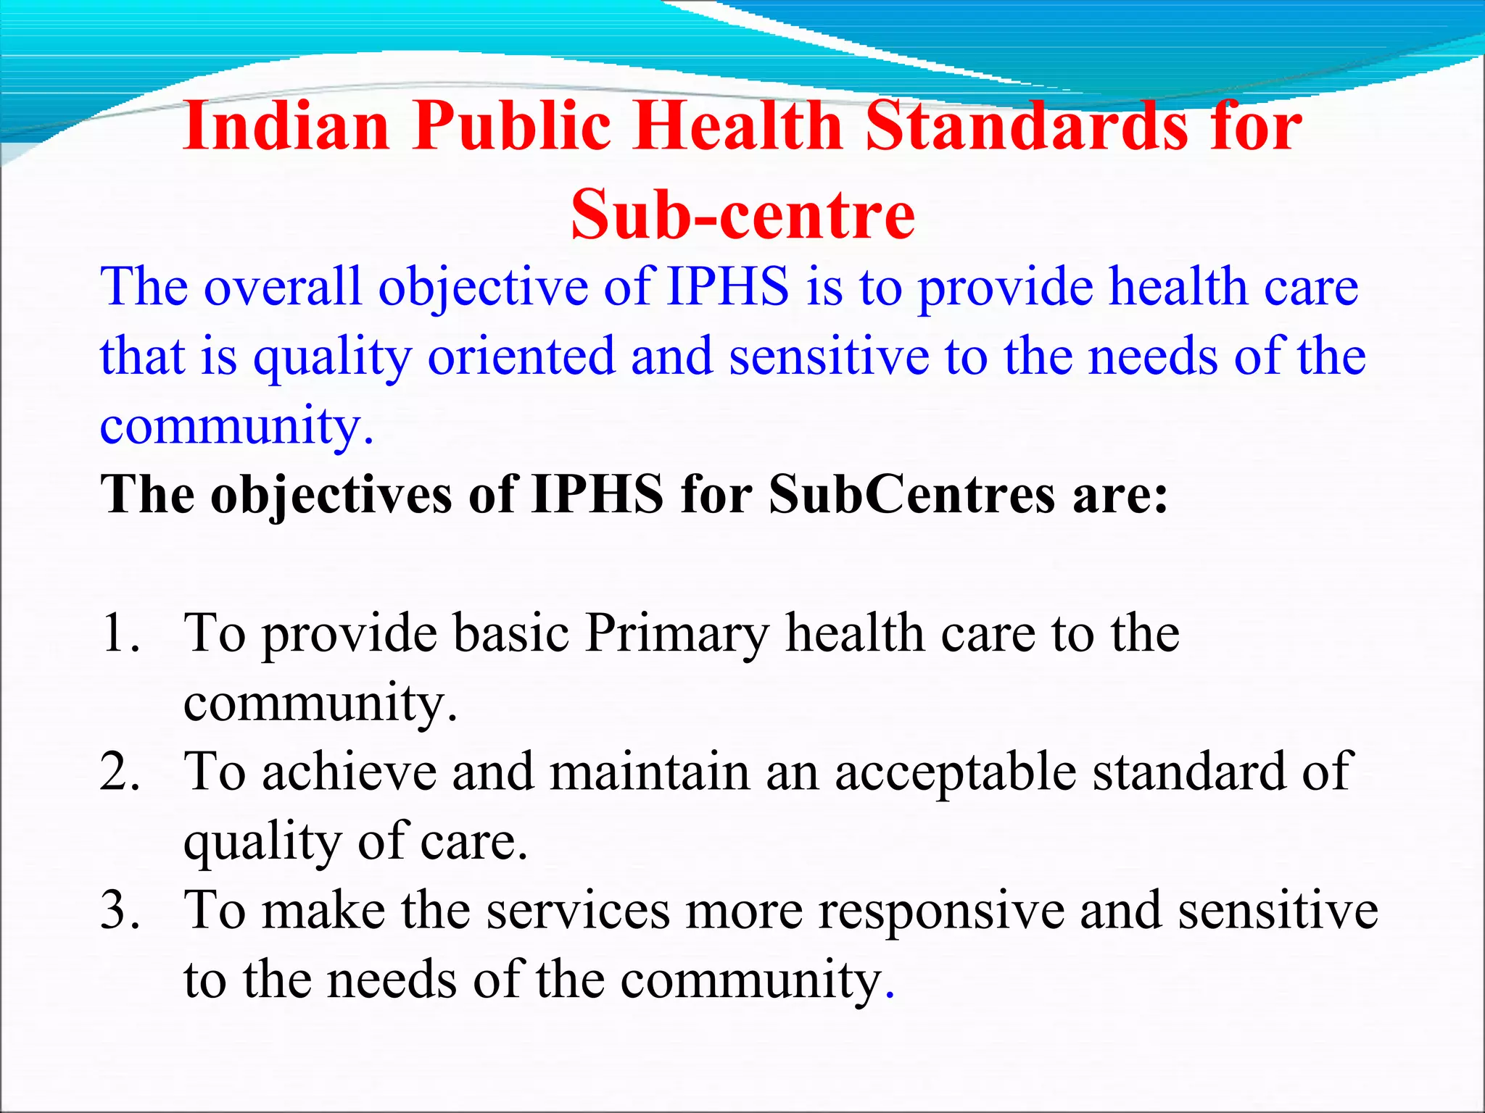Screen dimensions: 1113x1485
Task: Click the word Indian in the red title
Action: tap(286, 127)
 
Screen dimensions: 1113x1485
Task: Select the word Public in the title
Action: tap(512, 127)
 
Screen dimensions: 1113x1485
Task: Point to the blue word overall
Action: tap(282, 287)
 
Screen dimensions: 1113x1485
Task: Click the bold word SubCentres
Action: tap(912, 495)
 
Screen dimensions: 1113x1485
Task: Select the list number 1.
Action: tap(120, 633)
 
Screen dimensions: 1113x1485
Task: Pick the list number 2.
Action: tap(120, 772)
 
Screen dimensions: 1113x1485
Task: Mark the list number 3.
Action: tap(120, 910)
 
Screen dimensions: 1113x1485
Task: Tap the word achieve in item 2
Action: tap(349, 772)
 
